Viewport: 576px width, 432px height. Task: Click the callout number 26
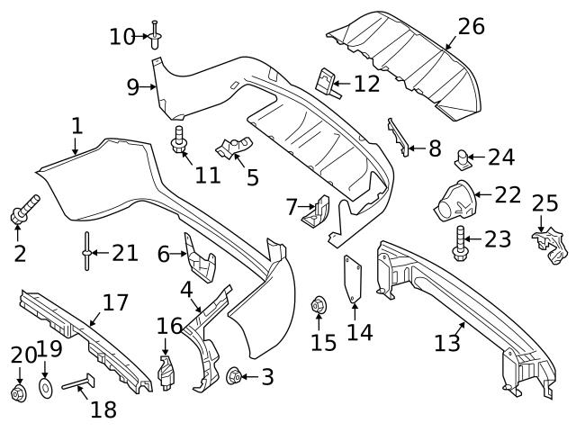click(x=471, y=27)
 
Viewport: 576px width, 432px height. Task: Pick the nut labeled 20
click(x=18, y=394)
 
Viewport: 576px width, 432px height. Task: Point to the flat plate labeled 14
click(x=353, y=280)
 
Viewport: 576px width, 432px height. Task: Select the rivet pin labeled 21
click(x=86, y=252)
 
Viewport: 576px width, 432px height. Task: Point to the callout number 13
click(x=447, y=343)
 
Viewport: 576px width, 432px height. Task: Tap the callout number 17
click(x=115, y=302)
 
